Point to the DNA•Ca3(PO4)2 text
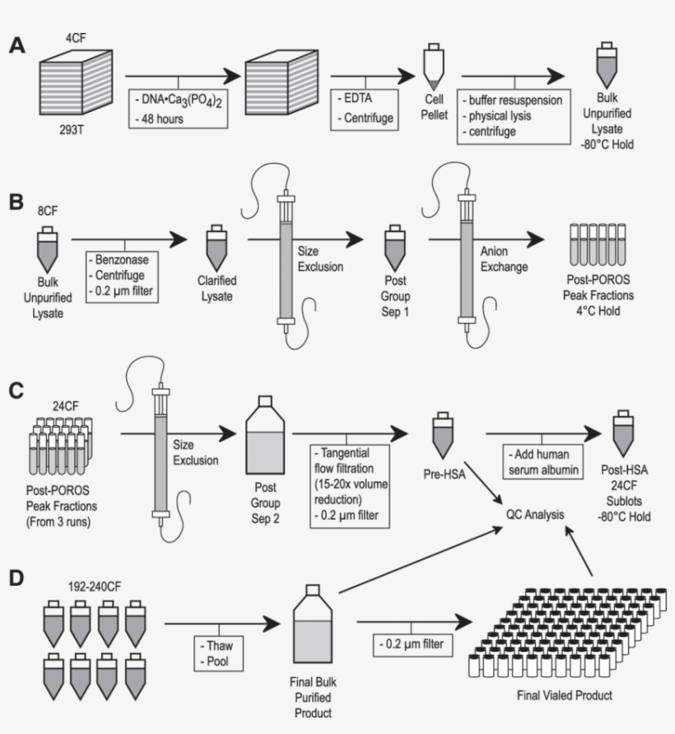(x=175, y=100)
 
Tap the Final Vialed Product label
(x=566, y=695)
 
